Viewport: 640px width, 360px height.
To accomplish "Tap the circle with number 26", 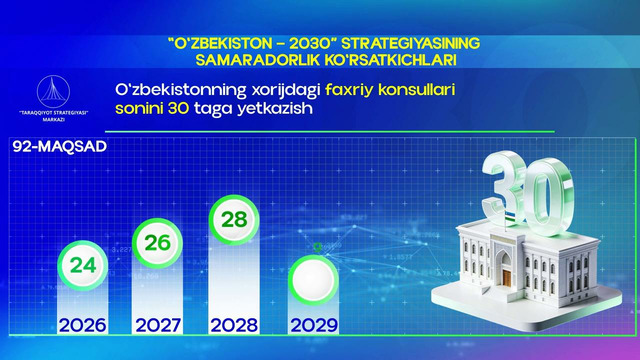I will (x=158, y=242).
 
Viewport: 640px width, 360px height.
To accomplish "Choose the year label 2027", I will (x=158, y=325).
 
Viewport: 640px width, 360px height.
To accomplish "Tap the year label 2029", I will (x=312, y=325).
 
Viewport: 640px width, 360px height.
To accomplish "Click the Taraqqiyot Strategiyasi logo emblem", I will (x=52, y=89).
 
